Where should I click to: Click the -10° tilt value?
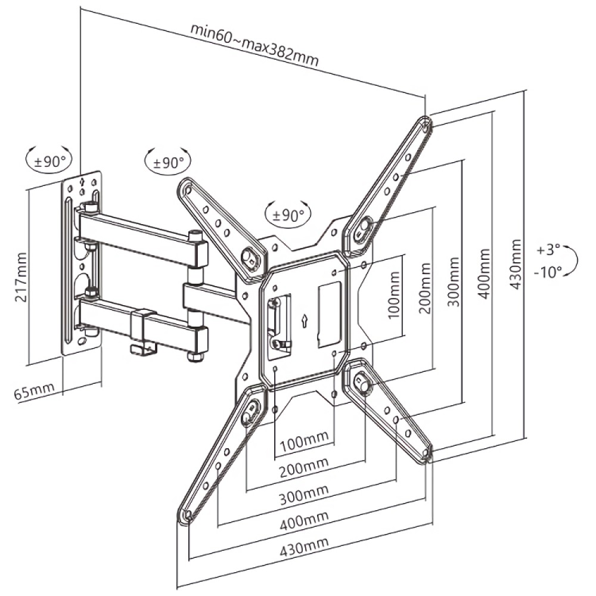click(548, 272)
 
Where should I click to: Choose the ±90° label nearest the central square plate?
click(288, 215)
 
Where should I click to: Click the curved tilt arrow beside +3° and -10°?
click(572, 261)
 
